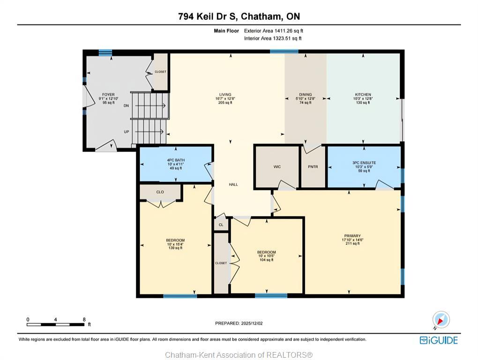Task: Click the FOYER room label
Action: [x=108, y=95]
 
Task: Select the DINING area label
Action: [x=305, y=95]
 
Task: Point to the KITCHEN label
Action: [x=363, y=95]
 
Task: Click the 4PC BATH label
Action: [x=176, y=160]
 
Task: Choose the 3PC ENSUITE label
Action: [x=364, y=163]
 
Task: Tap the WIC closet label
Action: [x=277, y=167]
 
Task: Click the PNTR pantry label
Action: [x=313, y=167]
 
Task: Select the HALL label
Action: [x=233, y=184]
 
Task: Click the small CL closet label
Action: [x=221, y=225]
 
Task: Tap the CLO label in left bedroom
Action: [x=160, y=192]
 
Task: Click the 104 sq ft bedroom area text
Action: [x=267, y=260]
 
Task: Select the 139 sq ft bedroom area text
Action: [x=175, y=248]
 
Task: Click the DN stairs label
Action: [x=126, y=106]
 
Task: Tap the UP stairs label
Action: [x=126, y=132]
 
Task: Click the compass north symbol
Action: [x=441, y=320]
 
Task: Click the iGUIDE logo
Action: [x=439, y=340]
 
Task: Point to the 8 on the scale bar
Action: [x=84, y=320]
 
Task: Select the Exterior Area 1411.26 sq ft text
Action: [x=276, y=31]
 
